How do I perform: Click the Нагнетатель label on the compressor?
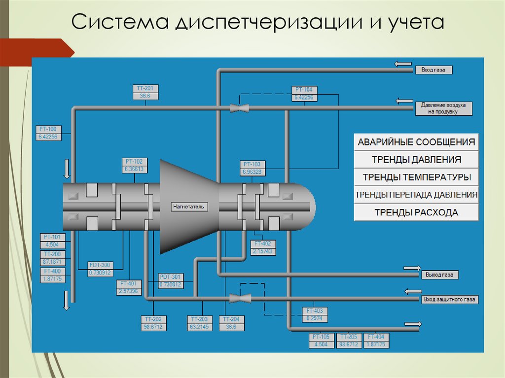[188, 206]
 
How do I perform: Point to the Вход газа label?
[433, 70]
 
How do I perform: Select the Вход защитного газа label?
[450, 299]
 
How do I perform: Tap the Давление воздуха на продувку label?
[443, 108]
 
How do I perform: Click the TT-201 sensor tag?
[145, 89]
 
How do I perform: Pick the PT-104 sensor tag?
[304, 90]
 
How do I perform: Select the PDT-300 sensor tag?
[100, 265]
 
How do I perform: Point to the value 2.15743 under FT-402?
[263, 251]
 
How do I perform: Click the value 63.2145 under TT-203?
[200, 327]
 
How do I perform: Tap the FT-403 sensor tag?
[314, 310]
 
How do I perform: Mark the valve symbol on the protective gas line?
[241, 298]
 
